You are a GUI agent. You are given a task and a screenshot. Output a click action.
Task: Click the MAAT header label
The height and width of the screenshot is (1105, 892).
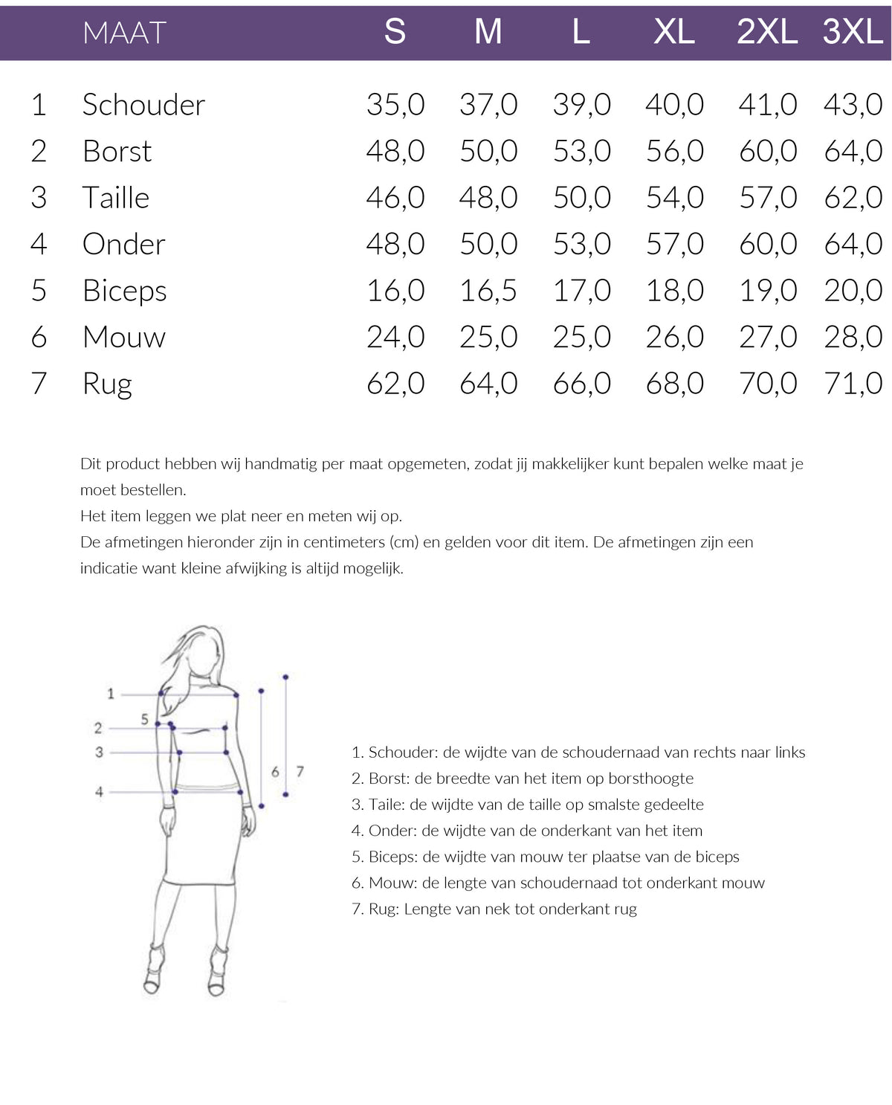124,33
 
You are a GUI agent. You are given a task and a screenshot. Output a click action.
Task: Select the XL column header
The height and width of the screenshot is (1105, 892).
674,32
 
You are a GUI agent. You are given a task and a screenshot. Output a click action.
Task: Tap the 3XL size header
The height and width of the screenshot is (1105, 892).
853,32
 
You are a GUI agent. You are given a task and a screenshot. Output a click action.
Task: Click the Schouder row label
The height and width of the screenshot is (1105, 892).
143,105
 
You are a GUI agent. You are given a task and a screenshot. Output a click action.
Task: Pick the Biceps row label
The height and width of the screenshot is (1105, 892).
125,291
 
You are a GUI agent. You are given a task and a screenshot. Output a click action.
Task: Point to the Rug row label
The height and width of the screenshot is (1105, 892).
107,384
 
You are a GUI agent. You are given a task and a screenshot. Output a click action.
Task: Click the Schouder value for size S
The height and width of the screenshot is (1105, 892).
395,105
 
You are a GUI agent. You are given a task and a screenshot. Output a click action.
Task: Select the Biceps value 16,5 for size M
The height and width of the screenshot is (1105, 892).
488,291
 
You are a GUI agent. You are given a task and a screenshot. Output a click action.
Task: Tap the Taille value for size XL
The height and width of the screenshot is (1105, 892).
674,198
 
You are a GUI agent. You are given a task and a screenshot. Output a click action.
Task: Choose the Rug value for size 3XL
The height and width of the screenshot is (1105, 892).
853,384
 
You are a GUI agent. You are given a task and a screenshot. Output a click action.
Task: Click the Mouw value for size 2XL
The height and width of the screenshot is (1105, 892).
768,337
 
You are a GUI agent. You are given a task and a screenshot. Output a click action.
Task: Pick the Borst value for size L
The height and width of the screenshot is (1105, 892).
581,151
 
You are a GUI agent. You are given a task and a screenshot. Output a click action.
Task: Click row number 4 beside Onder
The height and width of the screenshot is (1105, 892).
39,244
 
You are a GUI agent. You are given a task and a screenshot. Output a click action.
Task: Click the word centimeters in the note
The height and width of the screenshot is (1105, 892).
344,542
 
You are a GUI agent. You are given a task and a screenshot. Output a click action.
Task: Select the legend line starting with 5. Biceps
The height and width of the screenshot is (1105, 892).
545,857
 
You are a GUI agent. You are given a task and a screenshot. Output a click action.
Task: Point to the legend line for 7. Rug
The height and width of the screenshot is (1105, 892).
494,909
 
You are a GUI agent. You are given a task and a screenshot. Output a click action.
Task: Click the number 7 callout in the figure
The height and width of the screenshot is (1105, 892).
300,771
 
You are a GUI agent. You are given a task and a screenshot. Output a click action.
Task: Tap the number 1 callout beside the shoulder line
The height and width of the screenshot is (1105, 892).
111,694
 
